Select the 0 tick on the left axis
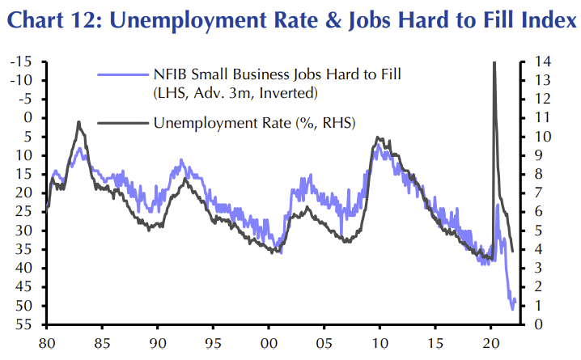pyautogui.click(x=35, y=118)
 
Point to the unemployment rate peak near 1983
pyautogui.click(x=78, y=122)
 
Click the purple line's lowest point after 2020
pyautogui.click(x=513, y=308)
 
